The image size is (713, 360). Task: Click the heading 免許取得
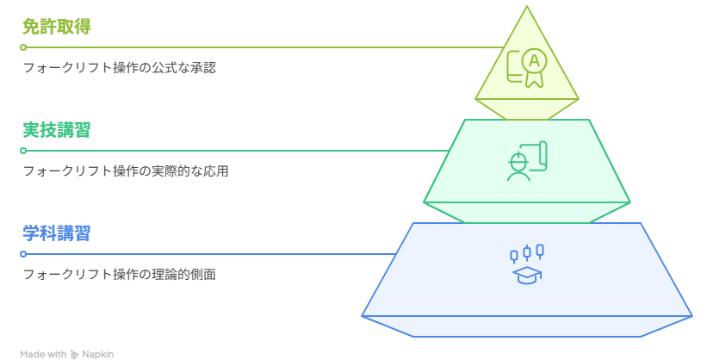click(56, 27)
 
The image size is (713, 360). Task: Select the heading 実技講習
click(56, 130)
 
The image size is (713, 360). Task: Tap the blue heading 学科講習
click(56, 233)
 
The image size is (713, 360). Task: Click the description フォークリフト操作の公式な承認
click(120, 68)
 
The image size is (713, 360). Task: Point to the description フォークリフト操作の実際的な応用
click(126, 171)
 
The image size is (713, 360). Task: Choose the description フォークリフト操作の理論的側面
click(120, 274)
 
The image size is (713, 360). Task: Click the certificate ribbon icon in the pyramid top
click(526, 68)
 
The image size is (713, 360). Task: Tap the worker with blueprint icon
click(526, 161)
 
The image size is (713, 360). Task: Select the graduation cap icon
click(526, 276)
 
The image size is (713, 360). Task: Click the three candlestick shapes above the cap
click(526, 253)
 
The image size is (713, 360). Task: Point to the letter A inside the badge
click(534, 60)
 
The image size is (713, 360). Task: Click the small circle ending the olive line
click(23, 47)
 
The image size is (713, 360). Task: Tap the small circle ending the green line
click(23, 151)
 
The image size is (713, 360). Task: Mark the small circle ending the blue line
click(23, 254)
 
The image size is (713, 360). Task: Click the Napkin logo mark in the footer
click(74, 355)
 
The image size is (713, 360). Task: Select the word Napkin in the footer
click(98, 355)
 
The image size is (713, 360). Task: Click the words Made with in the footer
click(43, 355)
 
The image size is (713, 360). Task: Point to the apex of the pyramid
click(526, 6)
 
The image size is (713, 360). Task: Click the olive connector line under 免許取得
click(264, 47)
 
